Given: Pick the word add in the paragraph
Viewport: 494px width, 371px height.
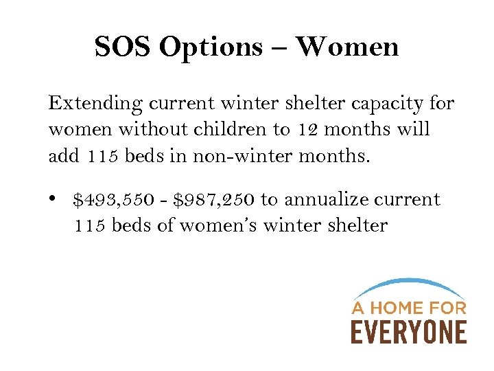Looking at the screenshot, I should click(64, 156).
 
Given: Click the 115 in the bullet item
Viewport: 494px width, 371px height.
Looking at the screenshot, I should click(89, 225).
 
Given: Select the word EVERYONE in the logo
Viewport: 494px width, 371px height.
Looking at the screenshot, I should click(409, 331).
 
